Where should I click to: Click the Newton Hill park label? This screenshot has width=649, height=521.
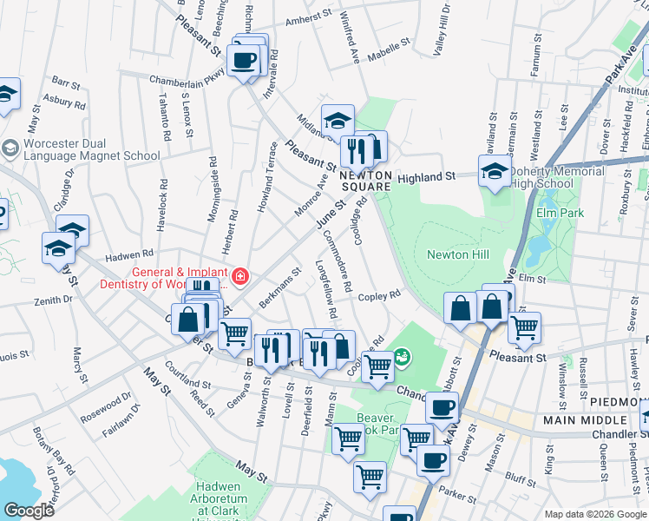click(x=458, y=254)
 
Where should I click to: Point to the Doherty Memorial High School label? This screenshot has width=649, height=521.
click(x=555, y=177)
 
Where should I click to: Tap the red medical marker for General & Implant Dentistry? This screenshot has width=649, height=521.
click(x=239, y=278)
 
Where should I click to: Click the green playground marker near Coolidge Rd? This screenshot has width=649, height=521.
click(x=401, y=356)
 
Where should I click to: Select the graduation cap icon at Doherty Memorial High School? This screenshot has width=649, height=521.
click(x=495, y=170)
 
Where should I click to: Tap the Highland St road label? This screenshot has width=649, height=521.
click(x=426, y=176)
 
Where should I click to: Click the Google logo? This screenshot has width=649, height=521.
click(x=28, y=510)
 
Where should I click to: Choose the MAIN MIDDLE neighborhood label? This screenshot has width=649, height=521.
click(x=585, y=420)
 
